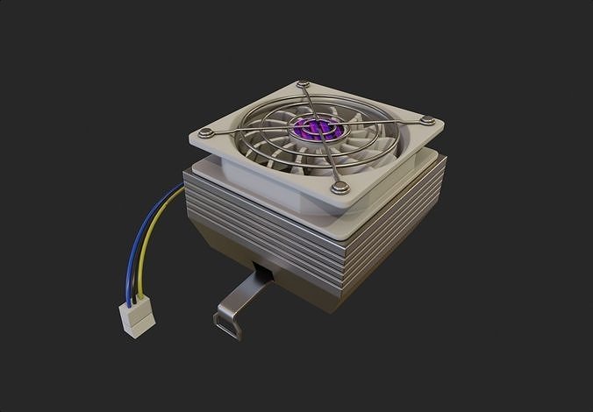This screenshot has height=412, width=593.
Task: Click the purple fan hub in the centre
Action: point(310,129)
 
